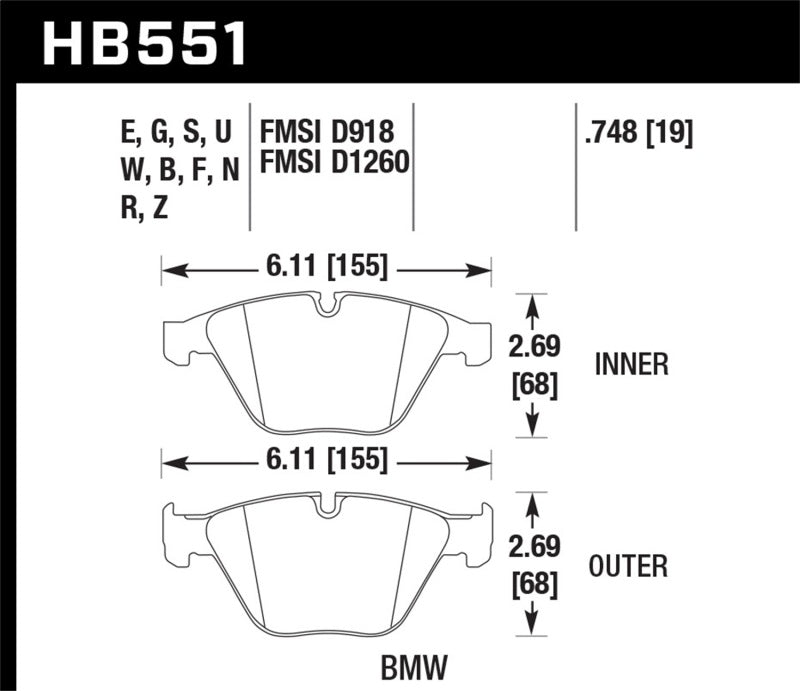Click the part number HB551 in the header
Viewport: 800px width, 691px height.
point(144,42)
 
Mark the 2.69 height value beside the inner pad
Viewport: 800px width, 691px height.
point(532,348)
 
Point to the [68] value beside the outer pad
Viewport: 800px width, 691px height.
point(532,583)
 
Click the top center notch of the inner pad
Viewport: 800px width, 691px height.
point(326,305)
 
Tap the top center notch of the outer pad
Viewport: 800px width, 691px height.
point(326,507)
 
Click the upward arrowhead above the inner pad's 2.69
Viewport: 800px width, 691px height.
point(532,300)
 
